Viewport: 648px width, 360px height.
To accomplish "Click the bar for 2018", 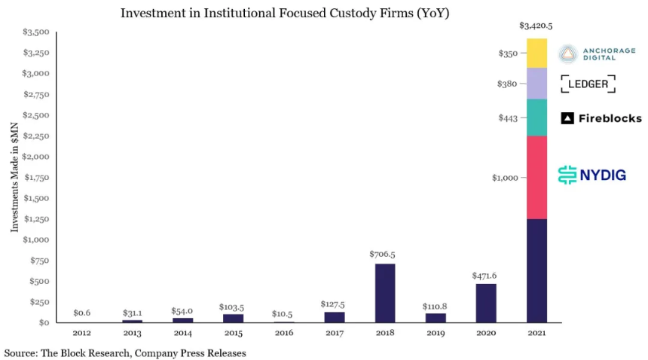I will coord(384,293).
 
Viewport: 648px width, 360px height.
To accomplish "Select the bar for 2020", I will coord(486,303).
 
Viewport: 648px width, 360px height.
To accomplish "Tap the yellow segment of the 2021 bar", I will coord(536,53).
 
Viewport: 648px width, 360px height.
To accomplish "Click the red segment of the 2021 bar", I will coord(536,177).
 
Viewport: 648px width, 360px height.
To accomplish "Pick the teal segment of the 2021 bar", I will coord(536,117).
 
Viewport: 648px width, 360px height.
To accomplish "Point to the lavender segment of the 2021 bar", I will coord(536,84).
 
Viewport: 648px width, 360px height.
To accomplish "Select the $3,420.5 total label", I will coord(536,26).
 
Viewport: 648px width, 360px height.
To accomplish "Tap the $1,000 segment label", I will coord(504,178).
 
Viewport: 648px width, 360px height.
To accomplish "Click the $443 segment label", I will coord(507,118).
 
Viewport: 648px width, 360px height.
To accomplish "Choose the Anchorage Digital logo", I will coord(597,53).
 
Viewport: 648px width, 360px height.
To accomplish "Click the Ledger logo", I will coord(588,84).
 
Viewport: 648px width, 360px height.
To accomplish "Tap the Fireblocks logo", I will coord(601,118).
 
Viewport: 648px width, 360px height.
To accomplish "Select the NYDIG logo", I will coord(591,175).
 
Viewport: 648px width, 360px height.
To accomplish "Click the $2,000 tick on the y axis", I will coord(36,157).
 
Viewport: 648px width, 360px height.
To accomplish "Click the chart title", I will coord(285,14).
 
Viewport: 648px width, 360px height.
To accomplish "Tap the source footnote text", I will coord(125,352).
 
